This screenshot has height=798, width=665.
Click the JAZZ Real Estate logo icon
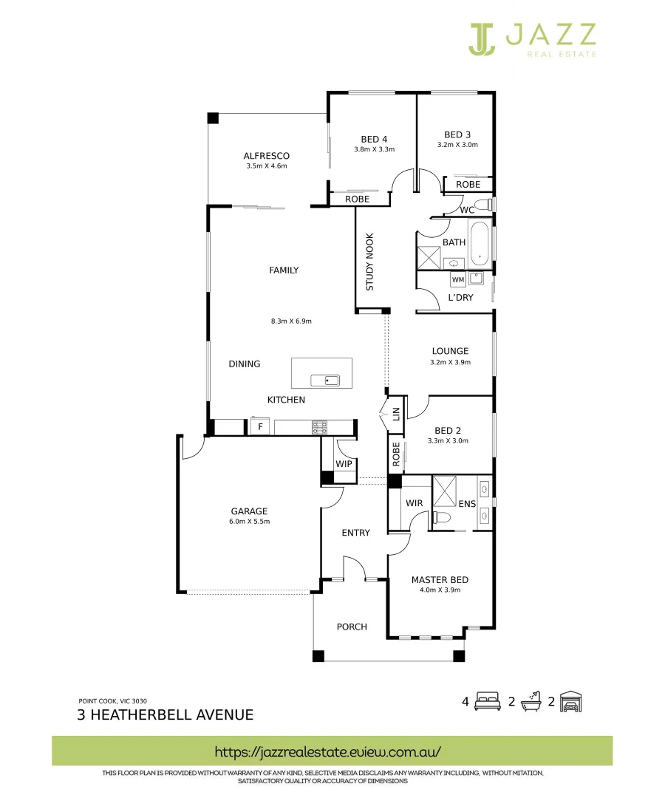[x=481, y=39]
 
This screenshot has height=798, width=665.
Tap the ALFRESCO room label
[x=266, y=156]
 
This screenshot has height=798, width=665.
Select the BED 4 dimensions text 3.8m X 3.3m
[x=374, y=149]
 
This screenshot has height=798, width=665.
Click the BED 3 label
[x=457, y=134]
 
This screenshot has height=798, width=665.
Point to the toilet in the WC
[x=482, y=205]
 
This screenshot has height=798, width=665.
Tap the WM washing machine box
[x=457, y=280]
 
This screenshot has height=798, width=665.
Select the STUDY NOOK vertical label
[x=370, y=262]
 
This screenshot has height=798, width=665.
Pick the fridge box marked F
[x=259, y=427]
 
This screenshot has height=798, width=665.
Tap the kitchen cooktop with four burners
[x=319, y=427]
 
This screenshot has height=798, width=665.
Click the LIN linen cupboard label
[x=396, y=414]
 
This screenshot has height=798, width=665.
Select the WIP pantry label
[x=344, y=464]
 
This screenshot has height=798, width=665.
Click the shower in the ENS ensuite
[x=446, y=490]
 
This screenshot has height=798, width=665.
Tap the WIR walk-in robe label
[x=414, y=503]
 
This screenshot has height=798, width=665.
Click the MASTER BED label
[x=440, y=580]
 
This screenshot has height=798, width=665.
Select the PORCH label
[x=352, y=627]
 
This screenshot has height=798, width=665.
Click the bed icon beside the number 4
[x=488, y=701]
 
